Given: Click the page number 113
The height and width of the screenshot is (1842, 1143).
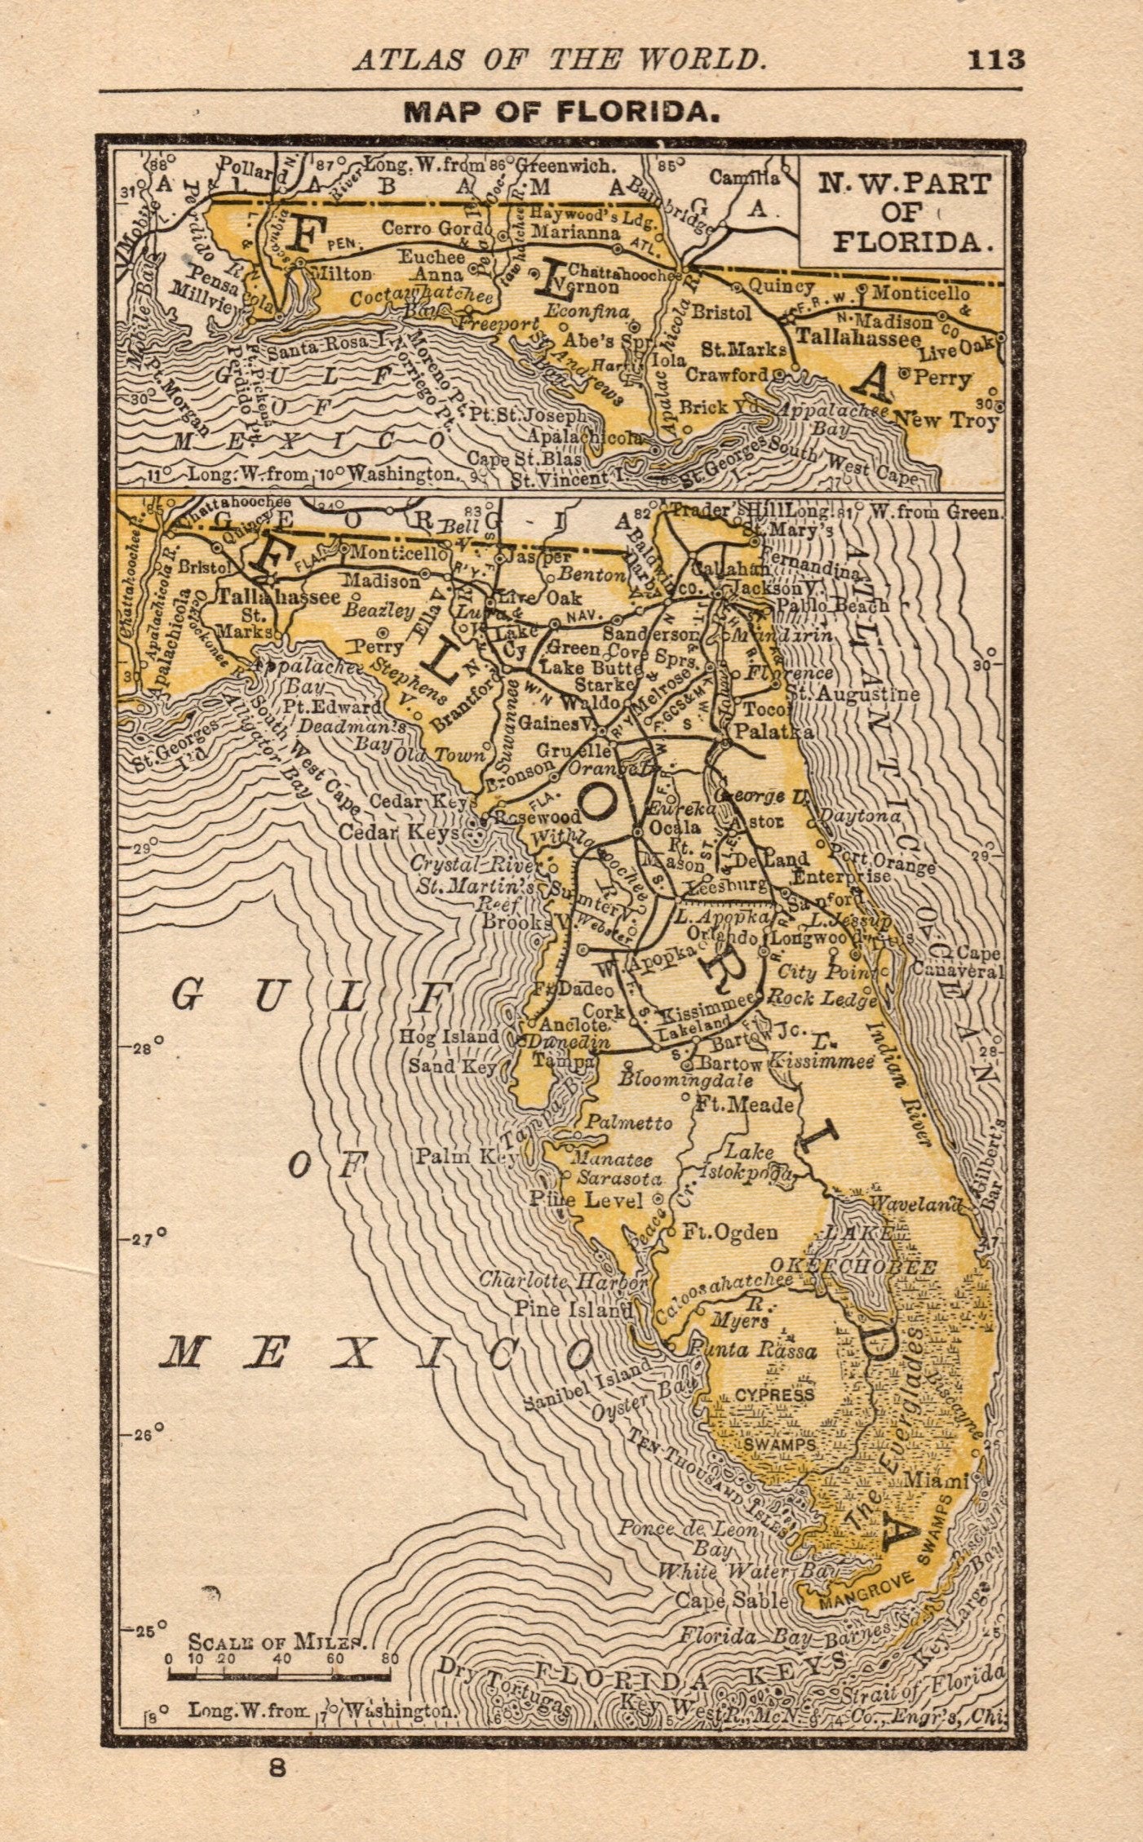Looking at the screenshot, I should pos(995,60).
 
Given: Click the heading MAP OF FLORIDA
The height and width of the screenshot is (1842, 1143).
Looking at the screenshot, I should pos(562,113).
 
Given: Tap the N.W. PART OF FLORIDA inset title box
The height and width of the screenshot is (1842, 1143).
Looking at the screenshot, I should pos(904,212).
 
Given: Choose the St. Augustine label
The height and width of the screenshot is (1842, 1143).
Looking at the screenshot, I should pos(853,694).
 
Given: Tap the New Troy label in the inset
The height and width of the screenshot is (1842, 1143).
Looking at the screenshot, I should pos(946,421).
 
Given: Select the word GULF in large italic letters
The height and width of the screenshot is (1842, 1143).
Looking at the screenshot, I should pos(314,996).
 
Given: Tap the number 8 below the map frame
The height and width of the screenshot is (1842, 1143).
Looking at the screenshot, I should pos(279,1769).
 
